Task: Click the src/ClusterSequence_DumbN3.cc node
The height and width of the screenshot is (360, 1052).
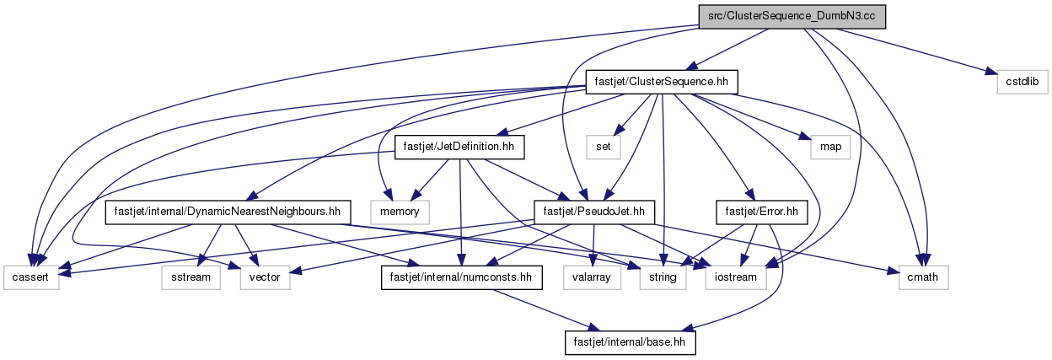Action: point(792,17)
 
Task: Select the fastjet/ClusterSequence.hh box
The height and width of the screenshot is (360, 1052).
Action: point(661,82)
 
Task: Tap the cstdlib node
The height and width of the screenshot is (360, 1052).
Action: point(1022,82)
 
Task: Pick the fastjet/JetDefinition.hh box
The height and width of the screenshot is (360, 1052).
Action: point(459,147)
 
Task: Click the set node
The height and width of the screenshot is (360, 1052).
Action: point(603,147)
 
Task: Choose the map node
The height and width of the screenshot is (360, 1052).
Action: point(829,147)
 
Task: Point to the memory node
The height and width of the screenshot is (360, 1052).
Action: point(400,212)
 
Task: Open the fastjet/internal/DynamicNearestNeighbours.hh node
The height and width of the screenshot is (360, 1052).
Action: point(228,212)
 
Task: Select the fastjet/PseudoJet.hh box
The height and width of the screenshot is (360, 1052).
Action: point(594,212)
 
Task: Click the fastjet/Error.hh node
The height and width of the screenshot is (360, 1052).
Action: point(762,212)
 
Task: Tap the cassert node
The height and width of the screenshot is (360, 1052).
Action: point(31,277)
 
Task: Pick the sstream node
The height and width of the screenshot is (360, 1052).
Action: point(191,277)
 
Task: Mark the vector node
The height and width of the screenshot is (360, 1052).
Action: point(265,277)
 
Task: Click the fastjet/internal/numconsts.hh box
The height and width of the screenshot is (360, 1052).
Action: point(462,277)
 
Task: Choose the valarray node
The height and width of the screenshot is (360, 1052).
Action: point(592,277)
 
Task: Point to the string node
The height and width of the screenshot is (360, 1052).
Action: point(663,277)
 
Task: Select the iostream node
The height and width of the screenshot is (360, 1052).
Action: point(736,277)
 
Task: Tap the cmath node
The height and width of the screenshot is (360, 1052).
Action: point(923,277)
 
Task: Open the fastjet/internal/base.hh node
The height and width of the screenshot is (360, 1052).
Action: point(630,342)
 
